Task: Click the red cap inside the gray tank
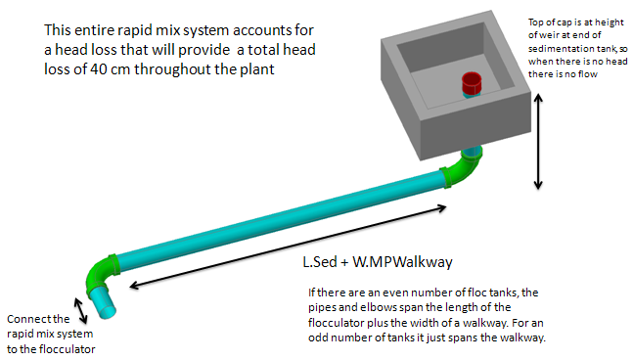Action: click(x=472, y=83)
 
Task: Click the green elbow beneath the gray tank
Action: click(x=465, y=168)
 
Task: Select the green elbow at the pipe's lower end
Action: click(x=100, y=272)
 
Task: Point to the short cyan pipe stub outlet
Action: click(x=102, y=302)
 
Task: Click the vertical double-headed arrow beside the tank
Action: click(x=538, y=142)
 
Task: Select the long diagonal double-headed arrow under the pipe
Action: click(x=288, y=247)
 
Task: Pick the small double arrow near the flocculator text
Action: click(x=81, y=311)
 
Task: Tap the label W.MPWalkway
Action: click(x=402, y=262)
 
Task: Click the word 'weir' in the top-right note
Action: click(x=548, y=35)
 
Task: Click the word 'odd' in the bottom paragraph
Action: click(x=317, y=337)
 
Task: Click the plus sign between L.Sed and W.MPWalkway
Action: click(x=344, y=263)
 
